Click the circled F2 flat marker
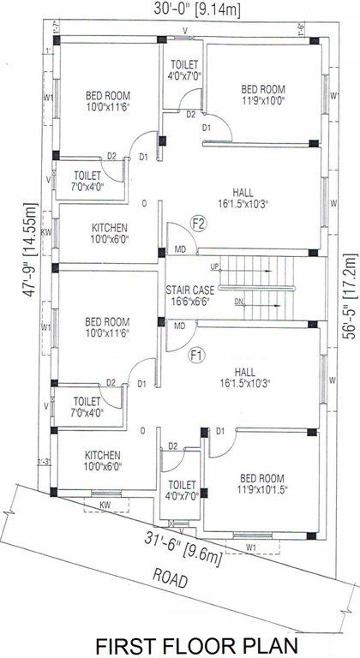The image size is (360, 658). click(199, 225)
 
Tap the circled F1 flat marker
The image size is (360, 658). click(196, 354)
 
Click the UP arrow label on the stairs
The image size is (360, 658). click(213, 266)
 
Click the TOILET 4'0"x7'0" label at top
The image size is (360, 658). click(185, 70)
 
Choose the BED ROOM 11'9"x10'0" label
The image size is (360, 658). click(262, 94)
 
